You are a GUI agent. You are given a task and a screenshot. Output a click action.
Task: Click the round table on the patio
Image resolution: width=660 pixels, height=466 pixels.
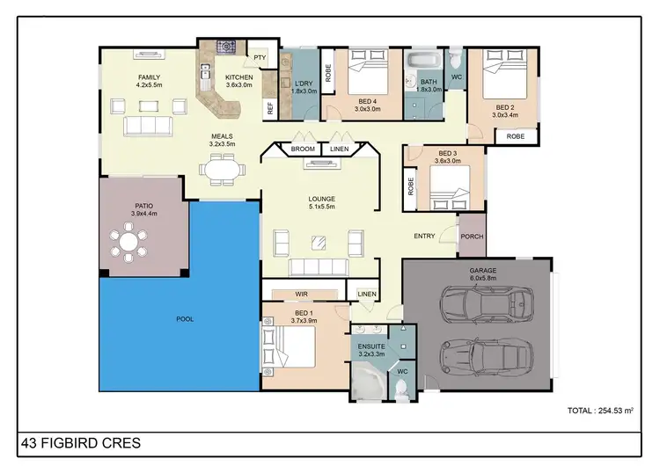(x=129, y=242)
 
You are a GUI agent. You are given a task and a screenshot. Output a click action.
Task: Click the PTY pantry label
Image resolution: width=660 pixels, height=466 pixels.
(x=260, y=58)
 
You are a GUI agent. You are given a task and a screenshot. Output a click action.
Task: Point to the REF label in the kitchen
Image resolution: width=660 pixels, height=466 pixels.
(x=270, y=109)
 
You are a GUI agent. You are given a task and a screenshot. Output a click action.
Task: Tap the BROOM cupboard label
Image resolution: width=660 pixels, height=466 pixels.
(x=303, y=149)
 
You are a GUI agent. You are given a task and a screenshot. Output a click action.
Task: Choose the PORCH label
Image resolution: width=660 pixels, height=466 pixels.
(x=473, y=235)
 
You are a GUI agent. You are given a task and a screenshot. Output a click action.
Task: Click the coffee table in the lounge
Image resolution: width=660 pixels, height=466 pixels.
(x=319, y=242)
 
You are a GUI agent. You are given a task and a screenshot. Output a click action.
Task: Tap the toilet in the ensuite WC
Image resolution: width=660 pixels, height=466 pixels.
(x=401, y=390)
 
